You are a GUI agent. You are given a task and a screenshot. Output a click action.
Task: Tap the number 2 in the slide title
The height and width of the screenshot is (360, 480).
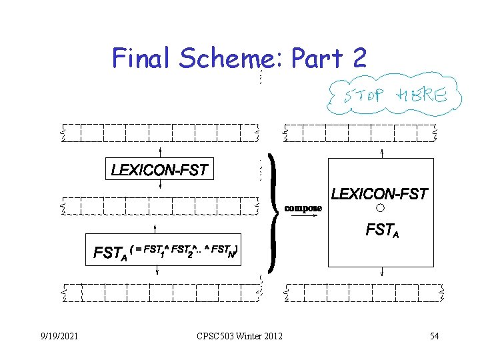coord(358,59)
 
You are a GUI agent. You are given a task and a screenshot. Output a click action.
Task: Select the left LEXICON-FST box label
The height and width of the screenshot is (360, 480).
coord(160,171)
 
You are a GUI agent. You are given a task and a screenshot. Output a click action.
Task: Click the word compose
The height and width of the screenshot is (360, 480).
coord(303,208)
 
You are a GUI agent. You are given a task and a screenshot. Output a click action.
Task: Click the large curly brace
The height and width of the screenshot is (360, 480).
coord(272,217)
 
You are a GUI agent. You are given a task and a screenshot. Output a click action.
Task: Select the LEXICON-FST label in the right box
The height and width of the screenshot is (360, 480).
coord(379,195)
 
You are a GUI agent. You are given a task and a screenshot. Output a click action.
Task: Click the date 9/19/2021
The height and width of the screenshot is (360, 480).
coord(58,335)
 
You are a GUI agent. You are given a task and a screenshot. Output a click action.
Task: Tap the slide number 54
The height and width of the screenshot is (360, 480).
coord(434,335)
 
